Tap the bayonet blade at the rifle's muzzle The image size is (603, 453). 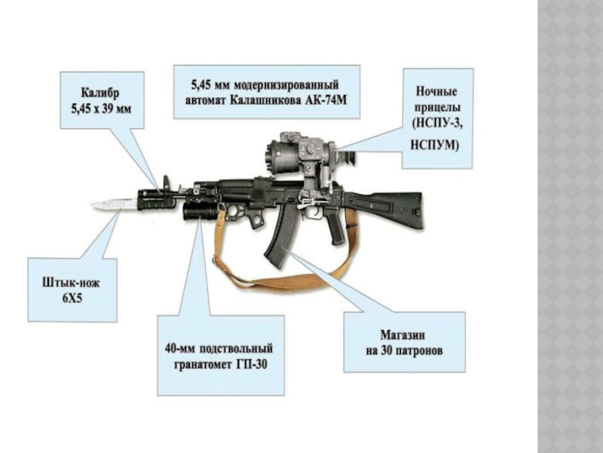113,203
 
